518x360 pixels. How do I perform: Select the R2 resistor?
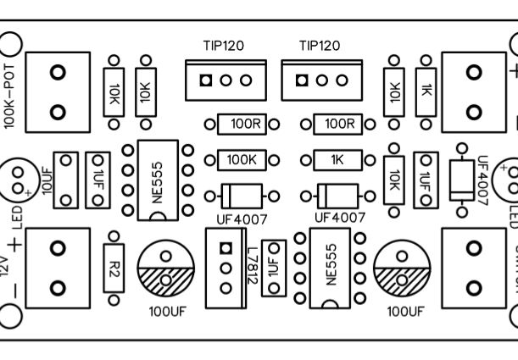pos(114,263)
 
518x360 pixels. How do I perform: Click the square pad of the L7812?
pos(226,248)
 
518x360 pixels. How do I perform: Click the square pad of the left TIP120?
pos(206,80)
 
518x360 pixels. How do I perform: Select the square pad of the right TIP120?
pos(301,80)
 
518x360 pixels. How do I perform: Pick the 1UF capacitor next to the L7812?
pos(273,267)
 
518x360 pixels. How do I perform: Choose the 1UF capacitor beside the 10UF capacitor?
pos(98,179)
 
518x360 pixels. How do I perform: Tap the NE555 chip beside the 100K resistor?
pos(157,180)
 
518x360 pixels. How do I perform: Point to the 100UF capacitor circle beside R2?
pos(166,267)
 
